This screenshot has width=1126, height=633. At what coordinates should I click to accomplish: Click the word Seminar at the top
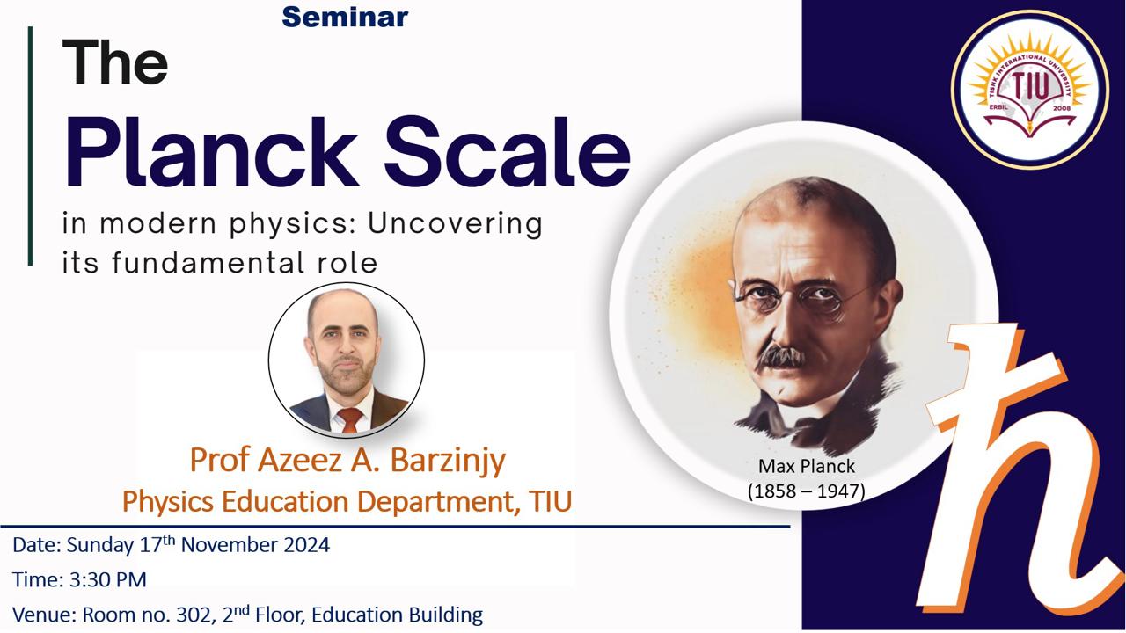[x=345, y=17]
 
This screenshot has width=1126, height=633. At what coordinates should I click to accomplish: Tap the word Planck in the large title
[x=211, y=152]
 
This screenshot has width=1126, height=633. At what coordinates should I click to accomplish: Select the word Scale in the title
[x=507, y=152]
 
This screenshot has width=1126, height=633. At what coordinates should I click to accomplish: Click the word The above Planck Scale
[x=114, y=62]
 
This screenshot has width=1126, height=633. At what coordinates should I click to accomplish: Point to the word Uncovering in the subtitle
[x=456, y=224]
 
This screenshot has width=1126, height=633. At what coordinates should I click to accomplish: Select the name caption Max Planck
[x=807, y=466]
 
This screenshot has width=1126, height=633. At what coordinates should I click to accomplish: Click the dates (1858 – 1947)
[x=807, y=491]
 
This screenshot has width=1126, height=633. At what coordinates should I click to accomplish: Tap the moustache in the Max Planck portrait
[x=783, y=355]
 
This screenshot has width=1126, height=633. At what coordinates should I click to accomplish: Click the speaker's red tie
[x=350, y=420]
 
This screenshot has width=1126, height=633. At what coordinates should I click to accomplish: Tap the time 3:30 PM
[x=107, y=579]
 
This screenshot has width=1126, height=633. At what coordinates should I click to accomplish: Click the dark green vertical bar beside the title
[x=30, y=146]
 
